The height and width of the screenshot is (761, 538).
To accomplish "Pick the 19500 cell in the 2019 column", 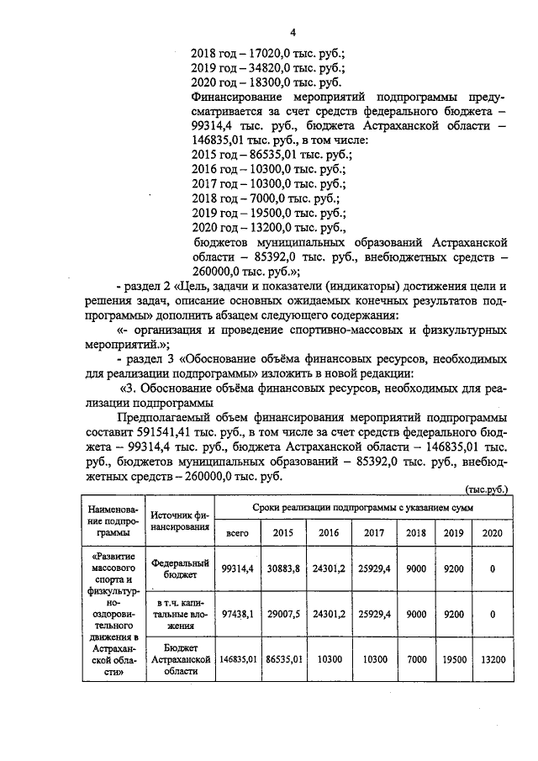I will [452, 659].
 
